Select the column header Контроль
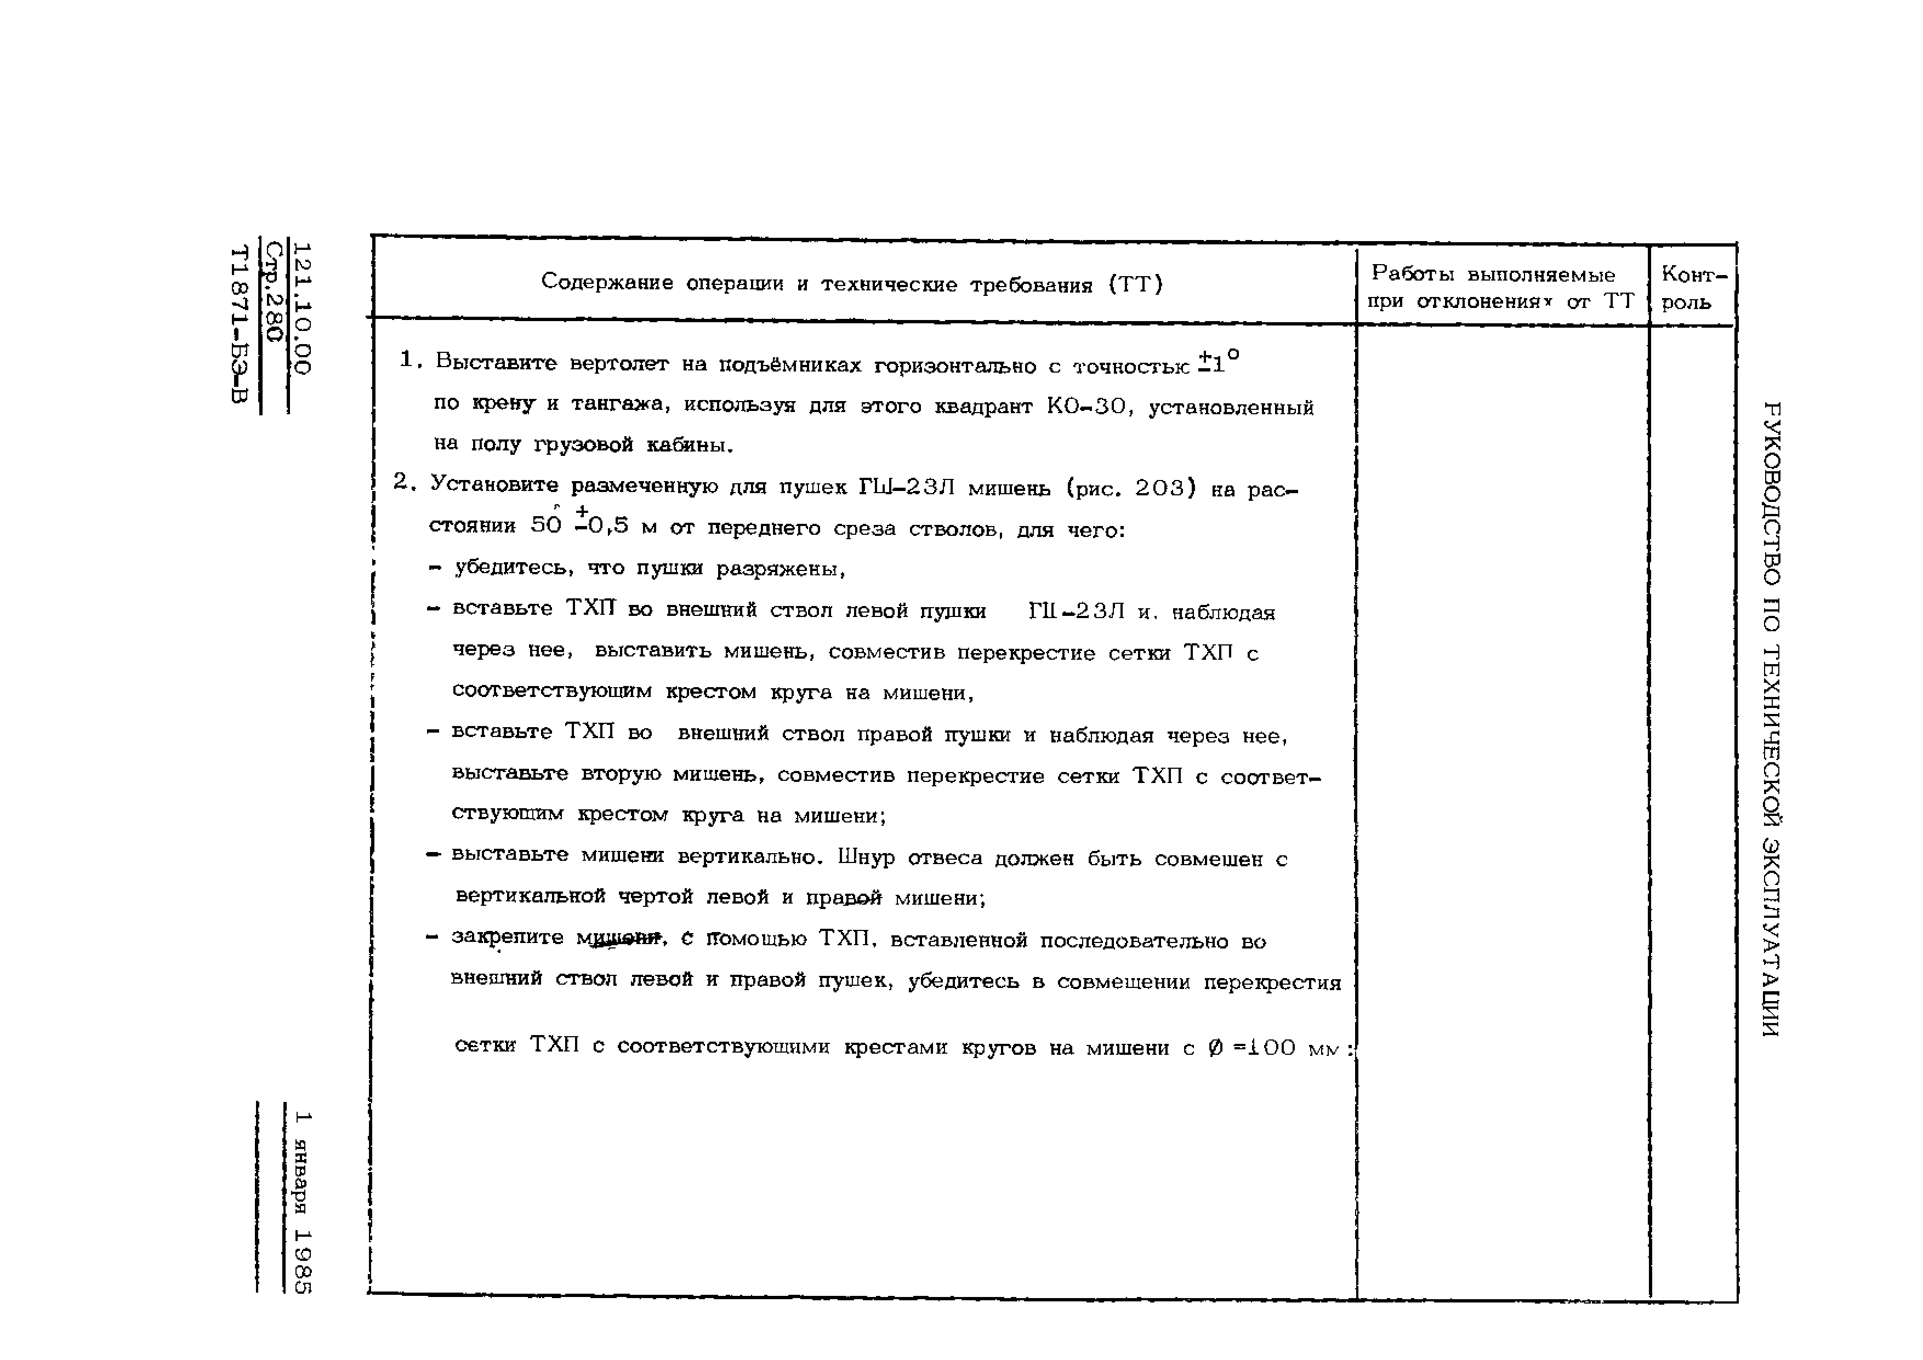coord(1693,287)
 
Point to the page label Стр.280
coord(273,292)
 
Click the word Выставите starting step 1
coord(496,363)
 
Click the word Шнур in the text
coord(866,858)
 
